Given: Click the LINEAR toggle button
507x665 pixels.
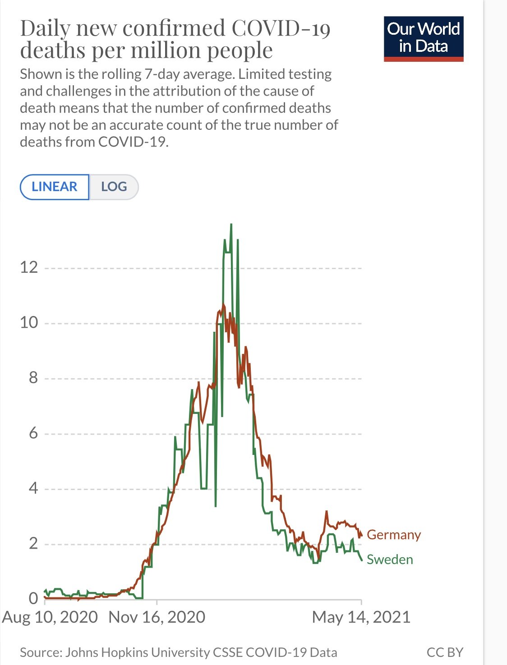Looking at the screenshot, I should pyautogui.click(x=55, y=187).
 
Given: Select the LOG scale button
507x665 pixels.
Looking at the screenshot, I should pyautogui.click(x=114, y=187).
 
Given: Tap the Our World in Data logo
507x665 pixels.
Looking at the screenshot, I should pyautogui.click(x=424, y=38).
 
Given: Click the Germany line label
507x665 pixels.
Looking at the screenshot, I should pyautogui.click(x=393, y=535).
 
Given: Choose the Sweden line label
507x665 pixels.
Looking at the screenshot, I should pyautogui.click(x=390, y=560).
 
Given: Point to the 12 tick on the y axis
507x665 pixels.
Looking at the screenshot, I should pyautogui.click(x=29, y=267).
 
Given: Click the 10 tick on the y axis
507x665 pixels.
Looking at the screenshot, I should pyautogui.click(x=29, y=322).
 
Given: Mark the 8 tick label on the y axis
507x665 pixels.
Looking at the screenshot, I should pyautogui.click(x=33, y=378).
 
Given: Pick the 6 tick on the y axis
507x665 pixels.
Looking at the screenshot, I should pyautogui.click(x=33, y=433).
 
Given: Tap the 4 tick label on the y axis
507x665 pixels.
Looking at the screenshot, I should pyautogui.click(x=33, y=488).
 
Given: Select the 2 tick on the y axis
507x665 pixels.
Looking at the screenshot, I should pyautogui.click(x=33, y=544).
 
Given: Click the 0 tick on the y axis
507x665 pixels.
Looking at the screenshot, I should pyautogui.click(x=33, y=598).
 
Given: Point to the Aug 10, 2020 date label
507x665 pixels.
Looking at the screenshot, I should pyautogui.click(x=50, y=617).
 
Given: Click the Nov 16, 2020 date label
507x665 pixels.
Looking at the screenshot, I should pyautogui.click(x=157, y=617).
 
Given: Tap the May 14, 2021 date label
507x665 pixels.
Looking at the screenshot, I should pyautogui.click(x=361, y=617).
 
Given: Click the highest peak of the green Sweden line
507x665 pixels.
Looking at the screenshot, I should pyautogui.click(x=231, y=225).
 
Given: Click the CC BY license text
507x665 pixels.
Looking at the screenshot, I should pyautogui.click(x=445, y=652).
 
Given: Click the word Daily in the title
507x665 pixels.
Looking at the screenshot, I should pyautogui.click(x=46, y=28).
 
